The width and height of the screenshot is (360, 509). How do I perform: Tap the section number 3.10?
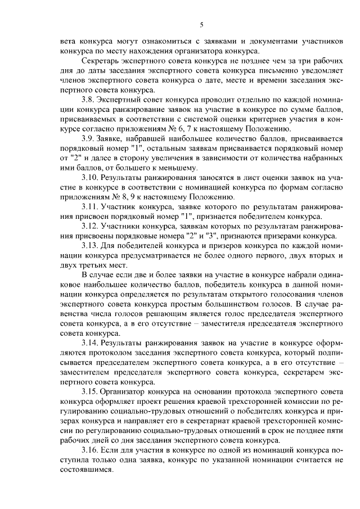pos(92,177)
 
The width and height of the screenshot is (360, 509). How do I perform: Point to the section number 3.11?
pos(92,206)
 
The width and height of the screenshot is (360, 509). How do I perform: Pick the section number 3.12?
pos(92,226)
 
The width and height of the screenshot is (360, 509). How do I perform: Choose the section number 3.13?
pos(92,246)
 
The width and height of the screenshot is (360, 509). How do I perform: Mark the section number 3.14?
pos(92,343)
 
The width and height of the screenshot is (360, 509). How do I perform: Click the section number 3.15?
pos(92,391)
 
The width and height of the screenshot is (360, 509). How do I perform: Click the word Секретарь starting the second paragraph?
pos(103,60)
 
